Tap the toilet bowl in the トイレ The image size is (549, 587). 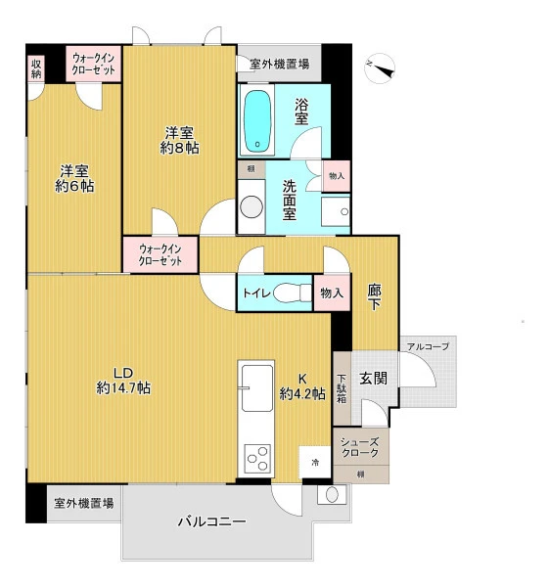pos(292,293)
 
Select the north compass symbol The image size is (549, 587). pos(380,68)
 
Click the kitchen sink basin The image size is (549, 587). pos(257,388)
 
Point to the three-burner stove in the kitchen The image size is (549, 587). pos(257,458)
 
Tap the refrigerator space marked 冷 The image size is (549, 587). pos(315,462)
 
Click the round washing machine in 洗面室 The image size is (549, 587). pos(252,206)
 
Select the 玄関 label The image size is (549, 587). pos(374,378)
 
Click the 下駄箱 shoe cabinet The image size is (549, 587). pos(342,388)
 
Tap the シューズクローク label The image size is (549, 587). pos(359,447)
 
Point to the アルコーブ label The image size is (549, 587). pos(428,346)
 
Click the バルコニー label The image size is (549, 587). pos(212,521)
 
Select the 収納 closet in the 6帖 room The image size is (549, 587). pos(36,68)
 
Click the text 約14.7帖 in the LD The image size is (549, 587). pos(123,387)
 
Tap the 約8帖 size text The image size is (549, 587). pos(179,149)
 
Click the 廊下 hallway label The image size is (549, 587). pos(374,296)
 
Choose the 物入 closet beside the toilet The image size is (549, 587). pos(332,293)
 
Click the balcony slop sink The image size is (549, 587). pos(332,494)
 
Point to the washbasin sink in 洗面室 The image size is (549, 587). pos(336,211)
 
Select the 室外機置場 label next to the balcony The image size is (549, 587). pos(84,503)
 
